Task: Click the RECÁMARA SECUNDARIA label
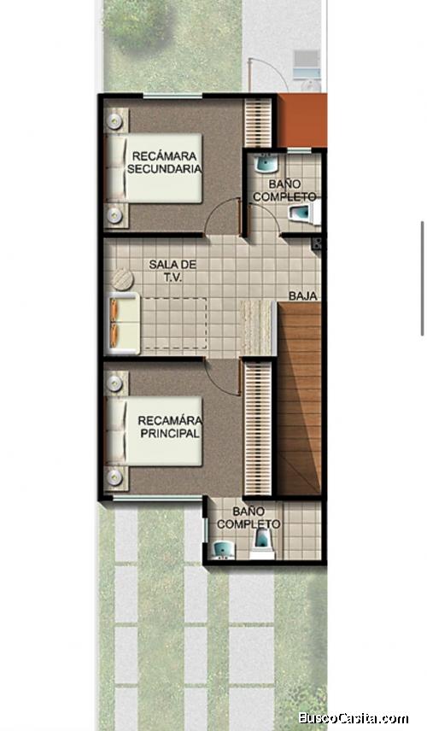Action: pos(165,162)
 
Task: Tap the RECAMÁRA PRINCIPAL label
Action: pos(170,427)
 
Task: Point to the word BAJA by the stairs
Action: pos(303,296)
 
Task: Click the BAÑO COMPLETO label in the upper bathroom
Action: pos(284,190)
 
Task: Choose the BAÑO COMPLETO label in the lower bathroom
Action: pos(249,518)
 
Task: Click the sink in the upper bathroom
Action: pos(266,163)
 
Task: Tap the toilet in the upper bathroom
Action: pos(304,214)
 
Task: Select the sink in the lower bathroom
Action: pos(223,551)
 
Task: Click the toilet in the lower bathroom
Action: pos(263,544)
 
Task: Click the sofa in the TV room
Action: pos(124,323)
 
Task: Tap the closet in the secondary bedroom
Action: pos(258,122)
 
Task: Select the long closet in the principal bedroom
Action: pos(258,429)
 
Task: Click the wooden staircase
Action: pos(299,399)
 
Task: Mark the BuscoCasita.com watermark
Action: pos(354,718)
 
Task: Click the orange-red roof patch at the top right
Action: pos(302,120)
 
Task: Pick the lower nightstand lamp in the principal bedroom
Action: pos(114,477)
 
